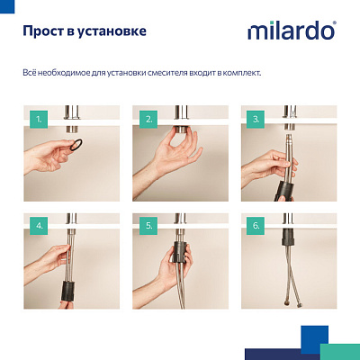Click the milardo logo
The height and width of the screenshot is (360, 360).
[x=291, y=31]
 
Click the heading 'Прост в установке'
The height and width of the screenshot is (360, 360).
[x=84, y=32]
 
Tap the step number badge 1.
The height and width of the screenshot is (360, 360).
[x=37, y=118]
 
